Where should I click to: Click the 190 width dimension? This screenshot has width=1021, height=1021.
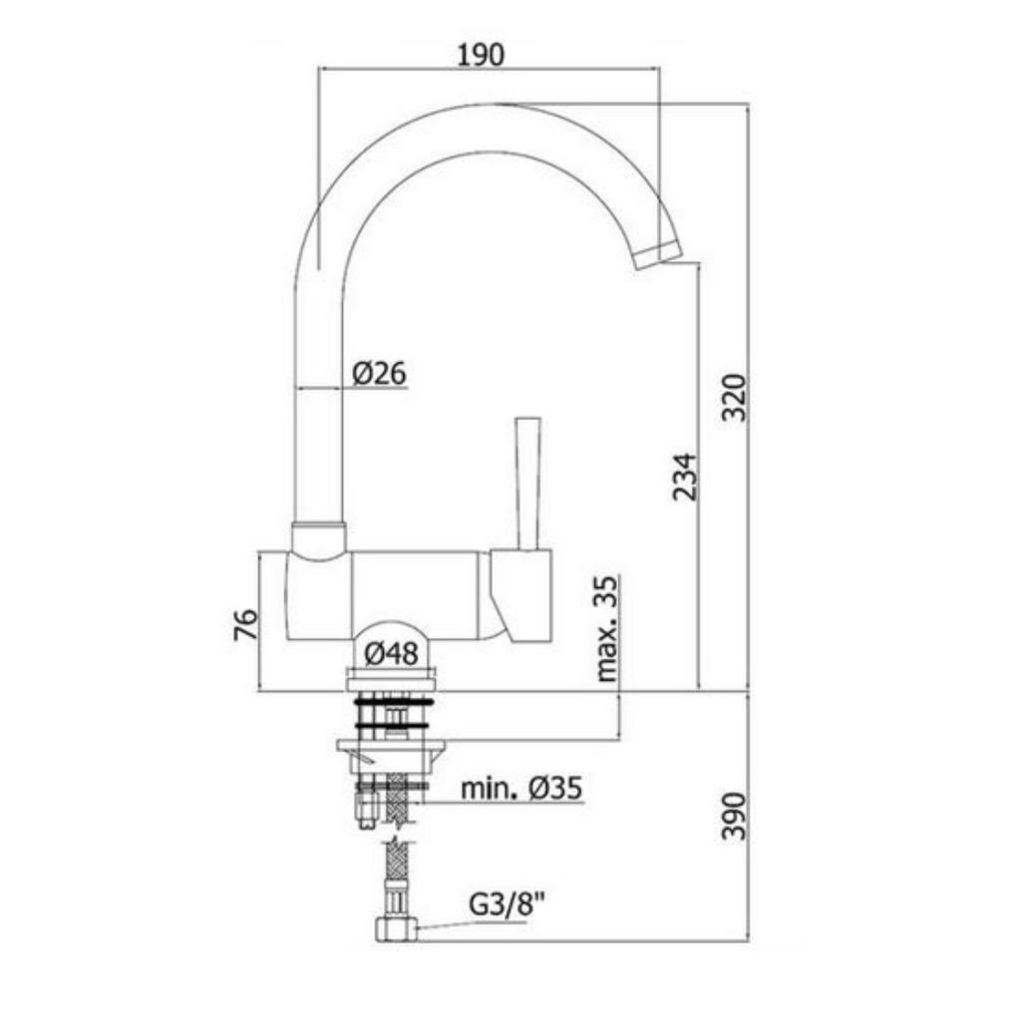[x=482, y=55]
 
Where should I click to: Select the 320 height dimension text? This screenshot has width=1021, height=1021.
[x=735, y=398]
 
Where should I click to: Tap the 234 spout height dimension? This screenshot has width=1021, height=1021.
[x=684, y=478]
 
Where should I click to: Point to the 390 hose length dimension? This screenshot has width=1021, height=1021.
[x=735, y=816]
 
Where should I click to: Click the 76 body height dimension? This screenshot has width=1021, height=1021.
[x=246, y=624]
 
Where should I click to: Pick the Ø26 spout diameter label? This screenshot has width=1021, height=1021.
[x=379, y=373]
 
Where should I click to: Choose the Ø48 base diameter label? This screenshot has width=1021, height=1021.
[x=391, y=653]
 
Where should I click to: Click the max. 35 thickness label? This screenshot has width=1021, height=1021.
[x=607, y=628]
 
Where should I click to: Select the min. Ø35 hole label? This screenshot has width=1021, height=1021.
[x=521, y=789]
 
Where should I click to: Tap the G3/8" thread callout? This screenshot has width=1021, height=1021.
[x=508, y=903]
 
